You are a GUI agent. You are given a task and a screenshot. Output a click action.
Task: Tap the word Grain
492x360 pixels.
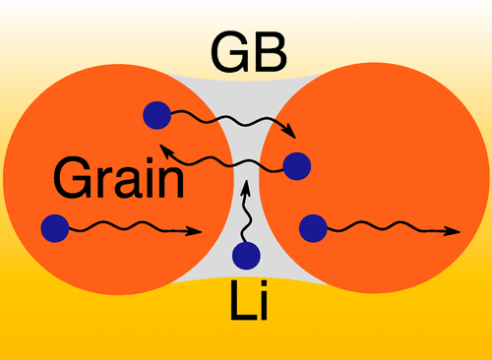tap(119, 179)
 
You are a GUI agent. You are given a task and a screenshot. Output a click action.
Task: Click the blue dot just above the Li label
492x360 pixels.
tap(246, 257)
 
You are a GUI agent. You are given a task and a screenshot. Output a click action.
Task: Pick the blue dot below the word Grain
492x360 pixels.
tap(55, 229)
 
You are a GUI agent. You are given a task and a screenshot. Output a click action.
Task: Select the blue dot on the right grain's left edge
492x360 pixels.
tap(296, 165)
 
